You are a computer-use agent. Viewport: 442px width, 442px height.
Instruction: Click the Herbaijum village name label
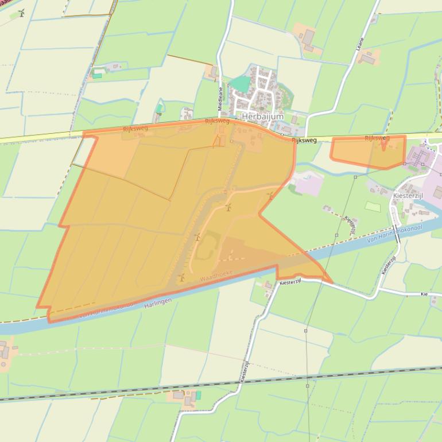[263, 116]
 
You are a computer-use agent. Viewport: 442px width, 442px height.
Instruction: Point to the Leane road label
[360, 44]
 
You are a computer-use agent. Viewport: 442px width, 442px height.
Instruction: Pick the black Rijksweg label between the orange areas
[304, 140]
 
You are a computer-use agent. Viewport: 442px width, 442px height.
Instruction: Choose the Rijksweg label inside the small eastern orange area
[377, 138]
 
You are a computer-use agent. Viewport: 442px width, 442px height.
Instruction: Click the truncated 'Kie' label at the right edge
[425, 294]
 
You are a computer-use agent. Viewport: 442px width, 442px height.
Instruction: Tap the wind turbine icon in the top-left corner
[21, 13]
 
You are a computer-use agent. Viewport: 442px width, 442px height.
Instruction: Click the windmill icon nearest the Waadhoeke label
[182, 277]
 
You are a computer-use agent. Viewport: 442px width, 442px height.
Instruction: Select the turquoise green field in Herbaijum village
[240, 84]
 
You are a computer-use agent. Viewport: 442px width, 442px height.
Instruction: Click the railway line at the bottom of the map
[230, 383]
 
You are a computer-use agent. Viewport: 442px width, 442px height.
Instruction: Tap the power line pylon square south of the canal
[306, 331]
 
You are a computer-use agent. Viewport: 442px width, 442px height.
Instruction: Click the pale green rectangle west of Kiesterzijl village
[373, 206]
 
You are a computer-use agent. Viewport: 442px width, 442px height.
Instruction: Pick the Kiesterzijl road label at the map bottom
[245, 372]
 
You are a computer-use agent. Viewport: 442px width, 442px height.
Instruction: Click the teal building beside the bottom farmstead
[198, 396]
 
